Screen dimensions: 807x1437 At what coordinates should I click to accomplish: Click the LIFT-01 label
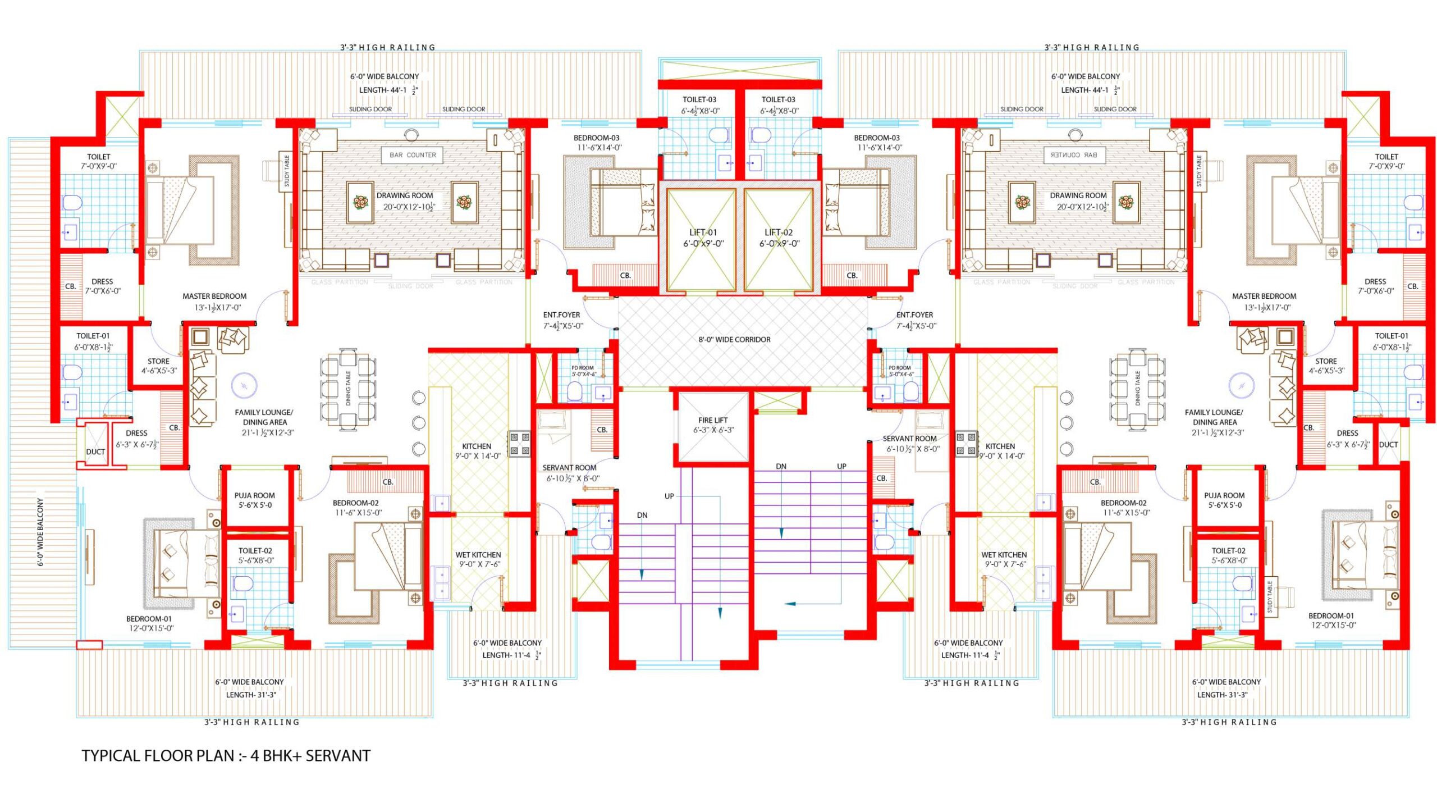(x=703, y=232)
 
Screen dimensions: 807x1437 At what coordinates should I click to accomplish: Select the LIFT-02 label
(x=779, y=232)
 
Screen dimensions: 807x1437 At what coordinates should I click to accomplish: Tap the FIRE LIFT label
(x=713, y=420)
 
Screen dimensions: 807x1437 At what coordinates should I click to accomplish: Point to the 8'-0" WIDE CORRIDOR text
(x=734, y=340)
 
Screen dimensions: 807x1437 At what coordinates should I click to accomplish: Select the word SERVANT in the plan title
(x=338, y=756)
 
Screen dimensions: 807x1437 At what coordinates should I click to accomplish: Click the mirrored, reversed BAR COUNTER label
(x=1074, y=155)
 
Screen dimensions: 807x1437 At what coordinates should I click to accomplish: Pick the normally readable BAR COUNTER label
(x=413, y=155)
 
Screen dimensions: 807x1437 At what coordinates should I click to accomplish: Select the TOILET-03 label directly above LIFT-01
(x=699, y=99)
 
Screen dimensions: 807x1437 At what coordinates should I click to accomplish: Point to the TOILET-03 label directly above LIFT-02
(x=778, y=99)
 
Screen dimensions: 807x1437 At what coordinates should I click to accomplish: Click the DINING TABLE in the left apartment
(x=348, y=388)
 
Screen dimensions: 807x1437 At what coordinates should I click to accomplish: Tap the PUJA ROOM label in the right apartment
(x=1224, y=495)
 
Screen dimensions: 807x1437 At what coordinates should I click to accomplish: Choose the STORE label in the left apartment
(x=158, y=361)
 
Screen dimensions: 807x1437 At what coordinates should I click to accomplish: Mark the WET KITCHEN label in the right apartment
(x=1004, y=554)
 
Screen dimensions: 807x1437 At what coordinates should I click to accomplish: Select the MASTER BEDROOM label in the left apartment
(x=214, y=296)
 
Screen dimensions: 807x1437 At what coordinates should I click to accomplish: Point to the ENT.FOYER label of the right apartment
(x=914, y=315)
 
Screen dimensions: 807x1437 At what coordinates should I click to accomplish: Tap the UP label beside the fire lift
(x=669, y=496)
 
